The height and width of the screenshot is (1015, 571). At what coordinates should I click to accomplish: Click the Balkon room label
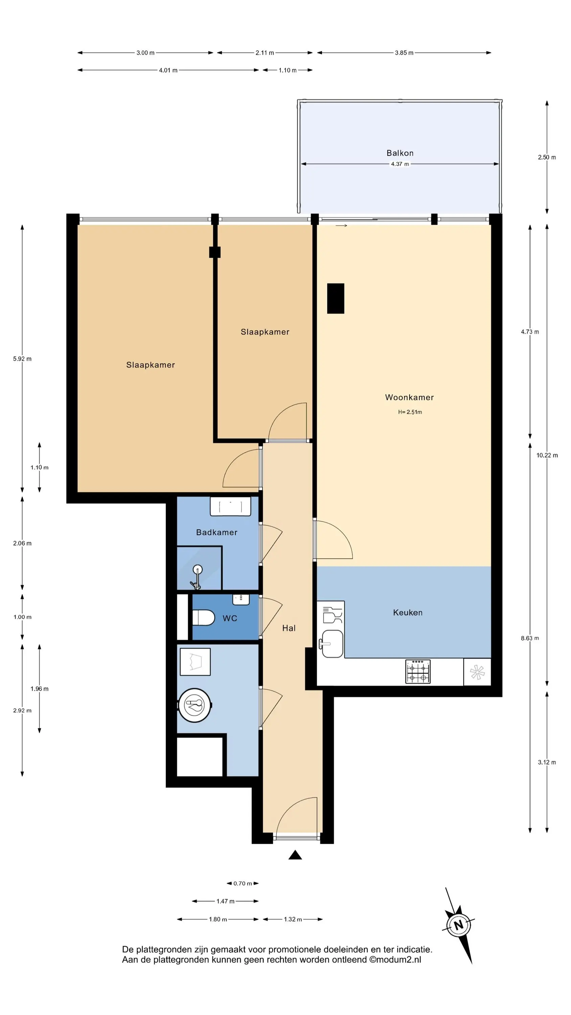point(399,153)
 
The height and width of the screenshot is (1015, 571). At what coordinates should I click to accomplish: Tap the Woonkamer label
point(409,397)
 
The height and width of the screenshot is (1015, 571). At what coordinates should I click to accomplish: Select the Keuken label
point(408,612)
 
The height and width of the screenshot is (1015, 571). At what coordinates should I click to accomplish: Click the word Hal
point(289,628)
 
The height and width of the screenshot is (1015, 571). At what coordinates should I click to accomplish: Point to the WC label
point(230,618)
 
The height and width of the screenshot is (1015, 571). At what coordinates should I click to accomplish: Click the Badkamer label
point(217,532)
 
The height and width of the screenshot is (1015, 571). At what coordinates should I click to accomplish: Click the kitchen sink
point(333,644)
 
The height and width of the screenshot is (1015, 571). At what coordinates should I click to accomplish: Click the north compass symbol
point(458,925)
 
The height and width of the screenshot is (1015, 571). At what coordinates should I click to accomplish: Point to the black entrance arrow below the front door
point(295,855)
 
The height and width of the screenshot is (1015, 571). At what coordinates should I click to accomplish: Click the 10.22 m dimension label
point(547,455)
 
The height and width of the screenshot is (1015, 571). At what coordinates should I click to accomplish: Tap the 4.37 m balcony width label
point(399,164)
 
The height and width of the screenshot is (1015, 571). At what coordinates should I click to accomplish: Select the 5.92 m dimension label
point(22,359)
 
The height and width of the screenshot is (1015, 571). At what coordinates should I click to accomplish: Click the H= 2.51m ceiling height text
point(410,412)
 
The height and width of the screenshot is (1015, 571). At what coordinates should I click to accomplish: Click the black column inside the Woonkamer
point(336,298)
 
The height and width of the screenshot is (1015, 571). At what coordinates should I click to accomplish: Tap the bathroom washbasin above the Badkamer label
point(230,506)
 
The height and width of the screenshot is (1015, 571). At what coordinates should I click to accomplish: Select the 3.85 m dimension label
point(404,53)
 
